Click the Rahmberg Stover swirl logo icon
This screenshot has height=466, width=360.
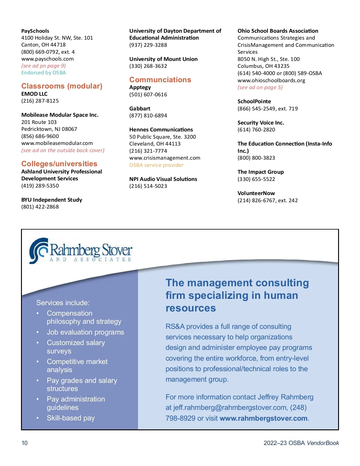point(39,251)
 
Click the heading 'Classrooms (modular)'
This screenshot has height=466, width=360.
point(62,86)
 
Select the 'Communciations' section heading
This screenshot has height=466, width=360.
point(160,80)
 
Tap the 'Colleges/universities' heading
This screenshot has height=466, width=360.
point(59,164)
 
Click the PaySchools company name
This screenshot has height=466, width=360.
point(35,31)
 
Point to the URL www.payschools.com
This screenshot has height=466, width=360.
point(47,59)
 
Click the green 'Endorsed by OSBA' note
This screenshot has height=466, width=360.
point(43,73)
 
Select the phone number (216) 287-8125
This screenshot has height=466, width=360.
point(40,101)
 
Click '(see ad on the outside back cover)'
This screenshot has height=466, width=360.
point(63,150)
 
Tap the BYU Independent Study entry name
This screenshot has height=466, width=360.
point(52,200)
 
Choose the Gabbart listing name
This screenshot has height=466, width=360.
point(140,109)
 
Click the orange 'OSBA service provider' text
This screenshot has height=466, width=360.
point(156,165)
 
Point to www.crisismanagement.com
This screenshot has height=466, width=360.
point(165,158)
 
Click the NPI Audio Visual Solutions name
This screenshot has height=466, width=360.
point(163,179)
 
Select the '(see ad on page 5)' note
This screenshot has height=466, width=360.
point(260,87)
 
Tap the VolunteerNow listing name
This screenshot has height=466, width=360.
point(256,193)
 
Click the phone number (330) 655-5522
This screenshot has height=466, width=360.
point(256,179)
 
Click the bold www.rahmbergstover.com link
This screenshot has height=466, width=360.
point(263,418)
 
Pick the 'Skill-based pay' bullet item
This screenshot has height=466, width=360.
point(71,418)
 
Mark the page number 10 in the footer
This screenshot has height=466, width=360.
point(25,443)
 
